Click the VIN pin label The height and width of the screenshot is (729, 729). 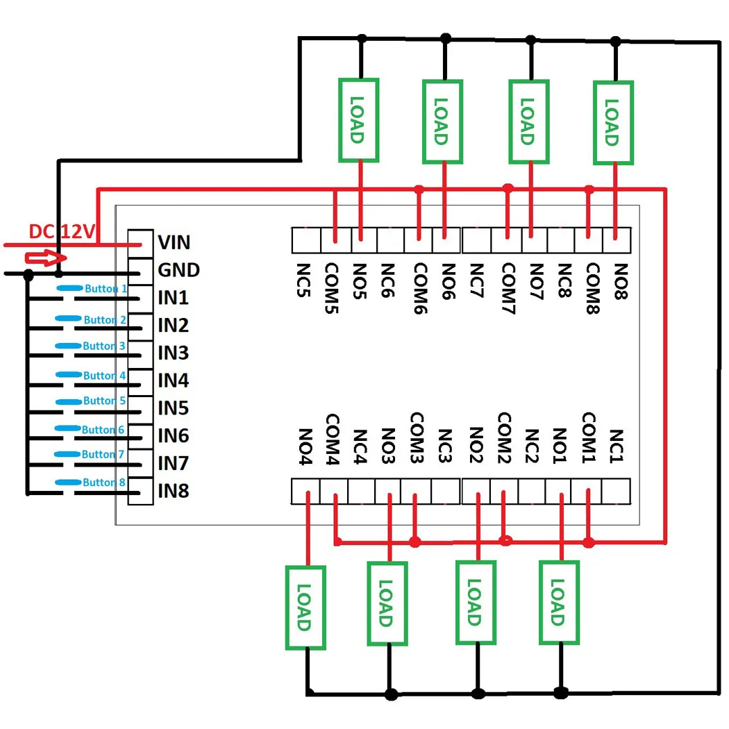174,242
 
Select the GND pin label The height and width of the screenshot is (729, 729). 178,270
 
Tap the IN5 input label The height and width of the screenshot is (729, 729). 173,408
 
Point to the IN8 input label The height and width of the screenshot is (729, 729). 173,491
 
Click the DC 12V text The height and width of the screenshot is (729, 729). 61,232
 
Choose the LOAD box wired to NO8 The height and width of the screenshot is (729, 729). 614,123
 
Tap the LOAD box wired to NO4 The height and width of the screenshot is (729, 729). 305,607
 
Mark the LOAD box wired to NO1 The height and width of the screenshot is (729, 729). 560,603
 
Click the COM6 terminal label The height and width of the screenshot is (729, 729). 419,288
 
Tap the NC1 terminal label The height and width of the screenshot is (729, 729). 616,446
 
